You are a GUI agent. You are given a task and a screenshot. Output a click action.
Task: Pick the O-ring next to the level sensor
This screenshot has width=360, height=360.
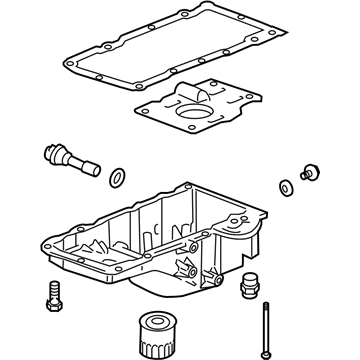click(117, 178)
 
